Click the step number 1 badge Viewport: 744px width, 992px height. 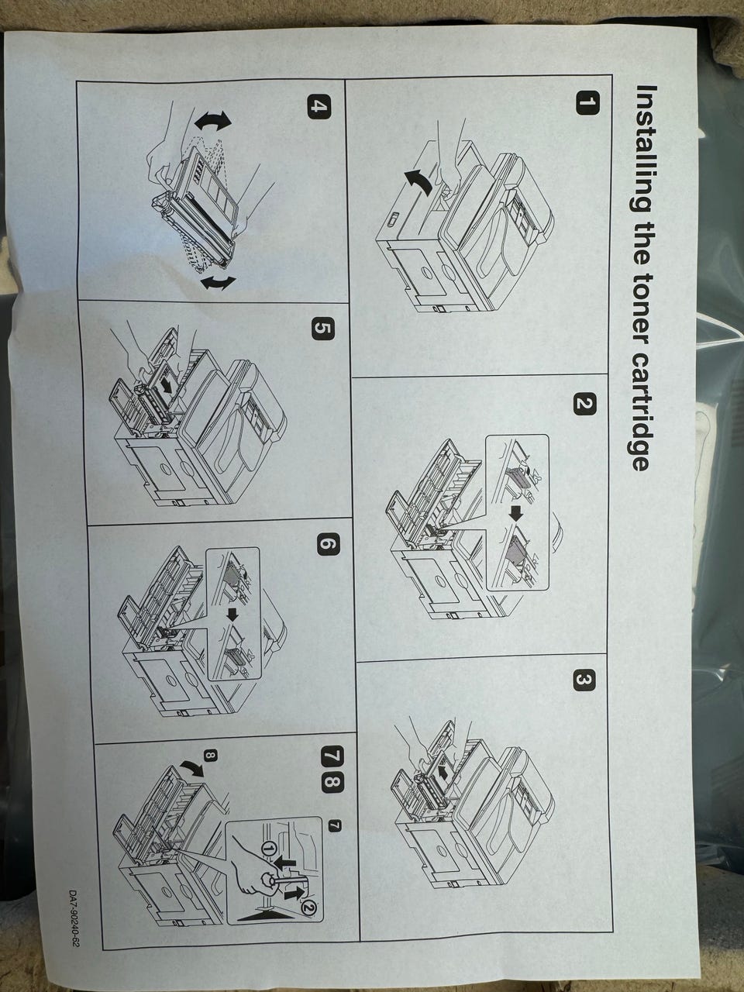[587, 104]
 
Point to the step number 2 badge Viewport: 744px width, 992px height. [584, 404]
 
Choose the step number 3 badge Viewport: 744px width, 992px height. [584, 681]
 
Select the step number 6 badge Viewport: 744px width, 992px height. [326, 544]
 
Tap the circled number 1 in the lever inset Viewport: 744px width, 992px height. [269, 849]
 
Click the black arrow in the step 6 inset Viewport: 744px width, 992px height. [233, 615]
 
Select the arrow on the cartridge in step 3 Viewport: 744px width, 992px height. [445, 773]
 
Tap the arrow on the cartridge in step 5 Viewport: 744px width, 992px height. [168, 385]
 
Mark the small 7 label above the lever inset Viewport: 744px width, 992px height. [335, 825]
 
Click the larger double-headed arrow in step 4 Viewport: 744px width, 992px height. [212, 121]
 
